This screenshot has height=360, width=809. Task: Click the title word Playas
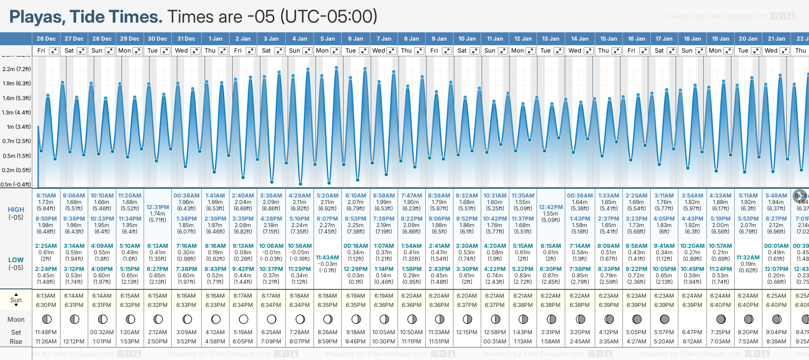tap(37, 17)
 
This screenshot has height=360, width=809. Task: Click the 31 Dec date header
tap(186, 39)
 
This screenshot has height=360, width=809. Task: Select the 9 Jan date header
tap(439, 39)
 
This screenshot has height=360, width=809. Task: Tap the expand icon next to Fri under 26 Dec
tap(54, 51)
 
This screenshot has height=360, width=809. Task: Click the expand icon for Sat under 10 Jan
tap(475, 51)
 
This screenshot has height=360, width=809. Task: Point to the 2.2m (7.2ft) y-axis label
tap(17, 69)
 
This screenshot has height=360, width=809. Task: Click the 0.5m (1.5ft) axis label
tap(17, 156)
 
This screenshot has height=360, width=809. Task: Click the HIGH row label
tap(16, 210)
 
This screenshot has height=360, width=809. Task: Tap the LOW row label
tap(16, 260)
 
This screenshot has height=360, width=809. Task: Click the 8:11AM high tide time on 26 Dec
tap(46, 196)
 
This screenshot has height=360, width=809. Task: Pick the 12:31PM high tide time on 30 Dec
tap(157, 207)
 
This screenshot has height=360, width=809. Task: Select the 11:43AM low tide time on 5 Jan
tap(327, 258)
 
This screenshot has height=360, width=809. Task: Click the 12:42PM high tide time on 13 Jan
tap(550, 207)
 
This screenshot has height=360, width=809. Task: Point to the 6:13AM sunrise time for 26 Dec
tap(46, 296)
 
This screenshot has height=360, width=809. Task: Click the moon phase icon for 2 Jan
tap(243, 319)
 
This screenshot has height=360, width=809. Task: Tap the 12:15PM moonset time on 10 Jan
tap(467, 332)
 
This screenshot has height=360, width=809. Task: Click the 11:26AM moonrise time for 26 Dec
tap(46, 342)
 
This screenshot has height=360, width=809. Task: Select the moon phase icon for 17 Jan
tap(664, 319)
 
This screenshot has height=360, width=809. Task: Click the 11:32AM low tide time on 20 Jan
tap(748, 258)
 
